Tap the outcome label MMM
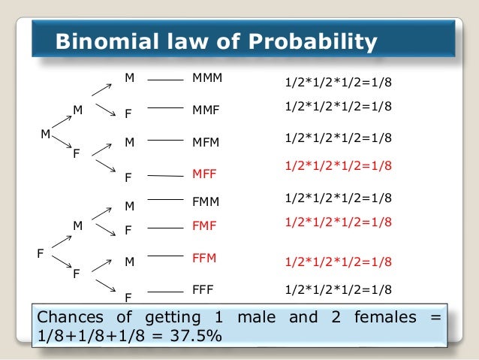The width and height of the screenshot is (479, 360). tap(208, 77)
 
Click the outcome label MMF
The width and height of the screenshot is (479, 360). tap(206, 109)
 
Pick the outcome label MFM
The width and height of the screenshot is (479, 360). tap(206, 141)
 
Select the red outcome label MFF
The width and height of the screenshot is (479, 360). tap(204, 174)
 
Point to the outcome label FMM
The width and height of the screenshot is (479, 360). tap(206, 201)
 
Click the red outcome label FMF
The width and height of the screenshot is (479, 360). tap(204, 225)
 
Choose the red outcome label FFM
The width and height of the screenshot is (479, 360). tap(204, 258)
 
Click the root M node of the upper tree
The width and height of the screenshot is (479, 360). tap(45, 135)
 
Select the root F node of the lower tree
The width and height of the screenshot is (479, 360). tap(41, 253)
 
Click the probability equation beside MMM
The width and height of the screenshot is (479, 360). tap(339, 80)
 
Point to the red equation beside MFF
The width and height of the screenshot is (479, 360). tap(339, 165)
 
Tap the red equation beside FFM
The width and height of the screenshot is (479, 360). tap(339, 262)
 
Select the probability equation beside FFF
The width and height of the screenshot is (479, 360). tap(339, 289)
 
